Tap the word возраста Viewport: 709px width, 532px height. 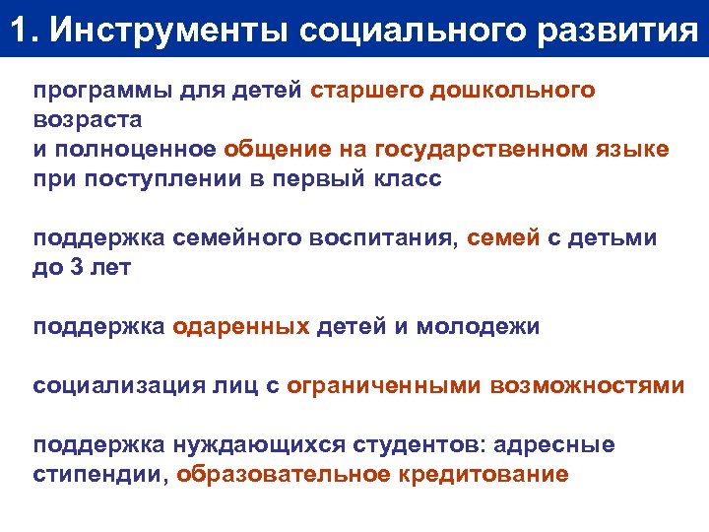[88, 119]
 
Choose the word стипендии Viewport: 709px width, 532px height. [101, 474]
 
